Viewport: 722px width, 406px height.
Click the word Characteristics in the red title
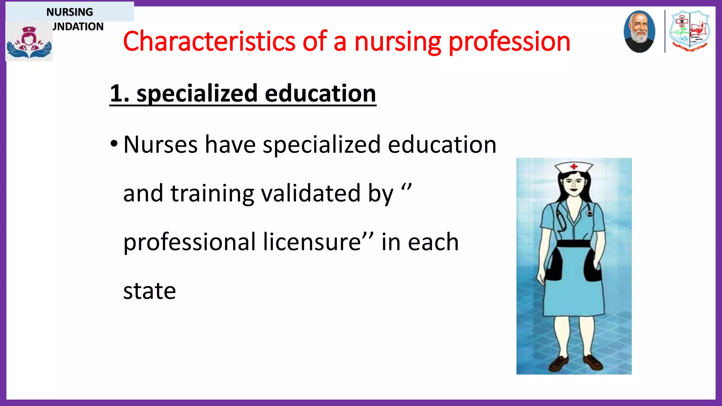click(x=209, y=42)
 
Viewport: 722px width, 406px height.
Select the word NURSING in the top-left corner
click(x=69, y=12)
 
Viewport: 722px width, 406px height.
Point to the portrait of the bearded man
click(x=639, y=32)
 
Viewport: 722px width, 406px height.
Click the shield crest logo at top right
click(x=690, y=31)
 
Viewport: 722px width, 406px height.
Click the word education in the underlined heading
click(x=320, y=94)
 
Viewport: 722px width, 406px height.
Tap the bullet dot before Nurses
click(x=114, y=144)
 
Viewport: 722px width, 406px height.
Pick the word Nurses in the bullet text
click(x=160, y=144)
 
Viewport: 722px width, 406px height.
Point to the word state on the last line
click(x=149, y=291)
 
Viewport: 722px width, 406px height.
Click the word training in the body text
click(x=212, y=193)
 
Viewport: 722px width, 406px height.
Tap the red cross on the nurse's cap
click(x=574, y=166)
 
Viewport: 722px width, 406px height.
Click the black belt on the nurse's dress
click(x=574, y=244)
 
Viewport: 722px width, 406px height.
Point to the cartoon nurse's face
click(x=574, y=184)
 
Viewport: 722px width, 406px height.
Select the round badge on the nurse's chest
click(x=589, y=213)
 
